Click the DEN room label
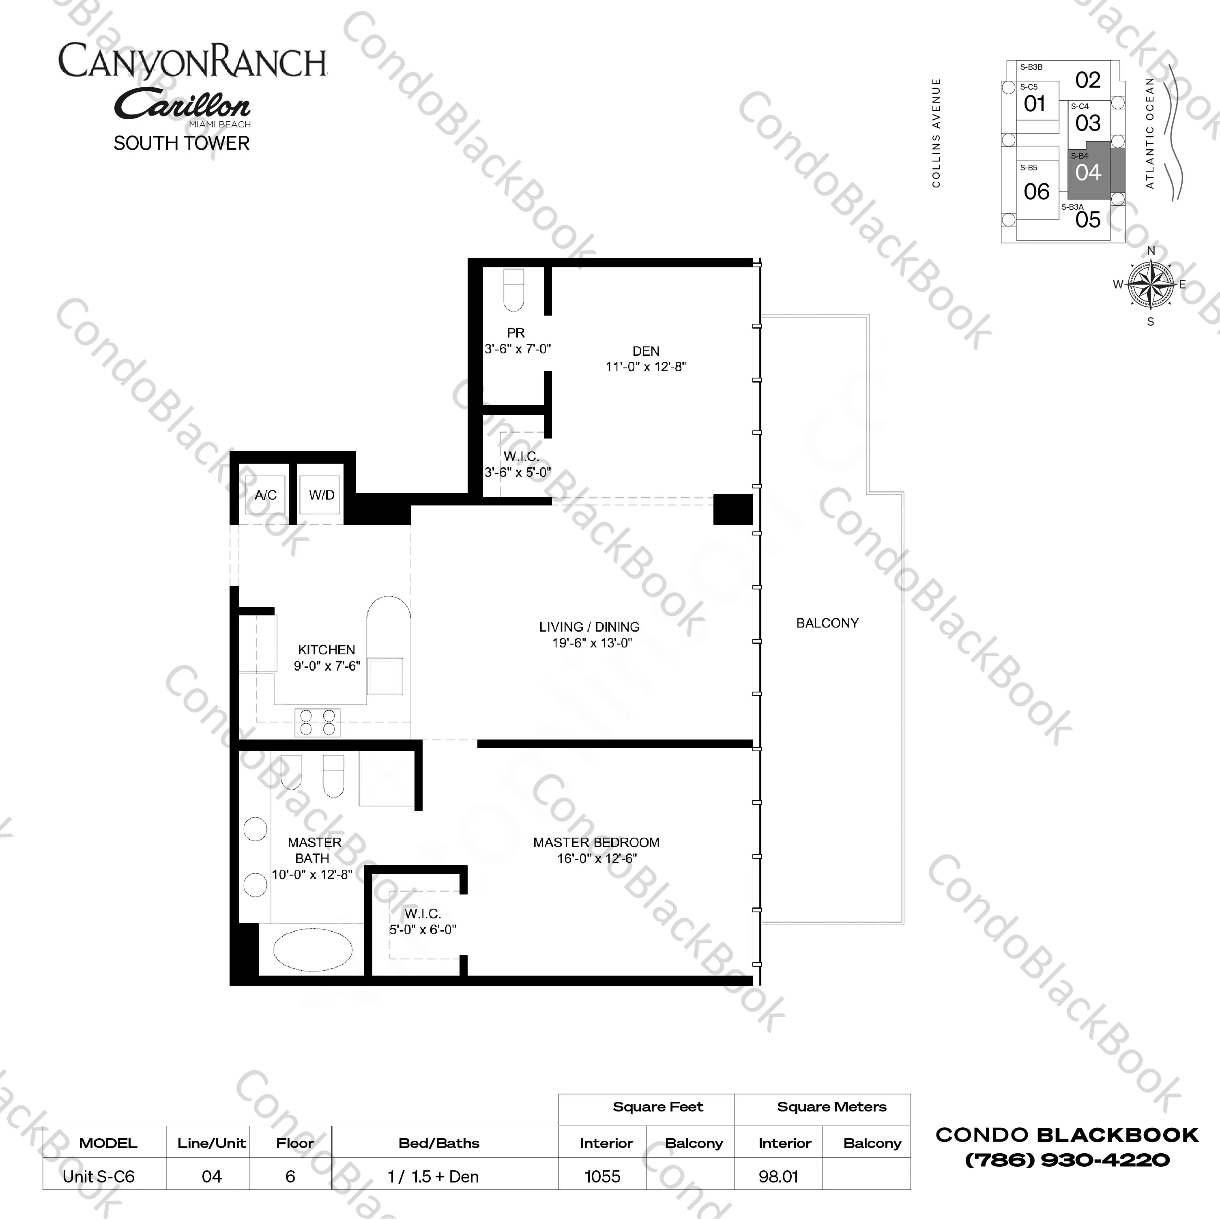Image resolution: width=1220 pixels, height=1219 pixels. pos(645,351)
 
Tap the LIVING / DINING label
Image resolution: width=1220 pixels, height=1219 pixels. pos(589,627)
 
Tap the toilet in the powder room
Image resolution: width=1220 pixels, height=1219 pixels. pos(513,290)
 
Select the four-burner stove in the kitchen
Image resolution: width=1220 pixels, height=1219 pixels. pos(317,722)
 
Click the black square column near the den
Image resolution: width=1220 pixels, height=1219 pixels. pos(733,509)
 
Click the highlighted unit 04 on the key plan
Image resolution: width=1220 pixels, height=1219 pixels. pos(1088,172)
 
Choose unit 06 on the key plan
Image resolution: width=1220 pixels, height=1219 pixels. pos(1036,191)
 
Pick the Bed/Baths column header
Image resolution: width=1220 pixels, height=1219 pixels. pos(439,1143)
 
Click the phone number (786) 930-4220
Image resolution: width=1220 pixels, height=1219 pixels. pos(1067,1160)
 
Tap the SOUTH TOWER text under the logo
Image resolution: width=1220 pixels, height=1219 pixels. pos(182,143)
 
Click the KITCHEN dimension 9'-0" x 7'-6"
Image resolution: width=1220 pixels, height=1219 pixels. pos(326,666)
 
